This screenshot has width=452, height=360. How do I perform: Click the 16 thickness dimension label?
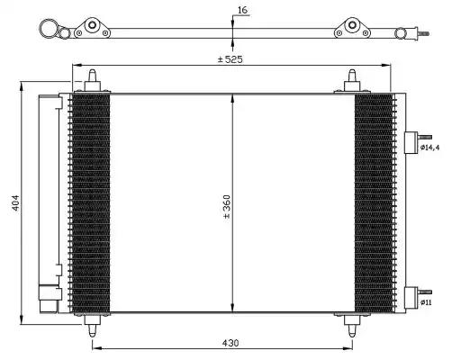click(242, 10)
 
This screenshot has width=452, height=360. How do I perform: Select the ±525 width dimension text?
click(231, 59)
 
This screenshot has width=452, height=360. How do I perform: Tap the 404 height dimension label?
click(15, 202)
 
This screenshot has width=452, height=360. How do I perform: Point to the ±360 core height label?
click(227, 206)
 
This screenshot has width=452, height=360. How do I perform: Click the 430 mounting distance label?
click(231, 343)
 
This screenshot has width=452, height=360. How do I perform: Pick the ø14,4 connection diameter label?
click(429, 148)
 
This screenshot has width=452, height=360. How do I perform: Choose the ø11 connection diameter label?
click(426, 302)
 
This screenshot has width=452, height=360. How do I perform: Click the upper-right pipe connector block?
click(411, 142)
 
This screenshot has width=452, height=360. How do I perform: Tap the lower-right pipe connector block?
click(411, 298)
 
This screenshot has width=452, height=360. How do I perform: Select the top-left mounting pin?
click(92, 80)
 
